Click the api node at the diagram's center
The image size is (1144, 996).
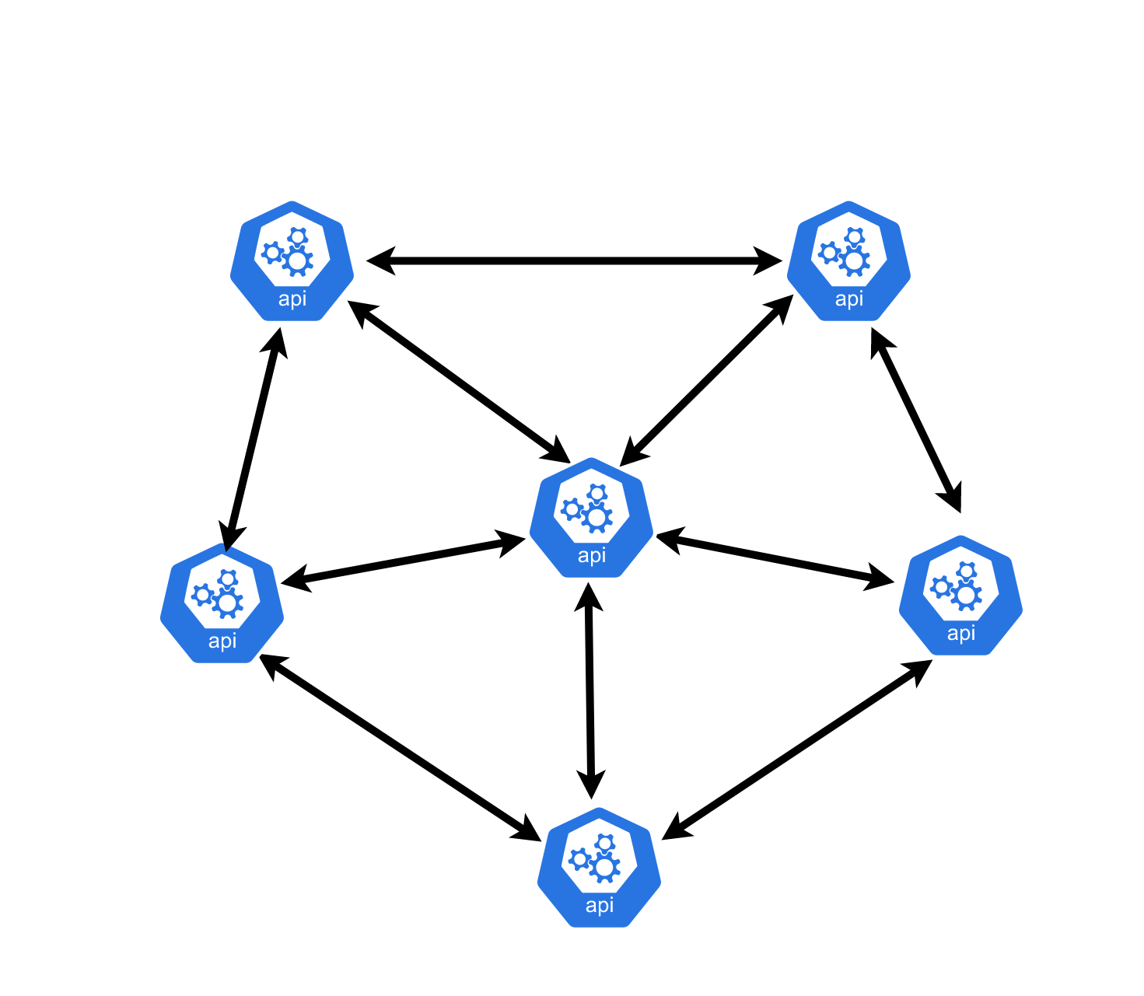tap(591, 517)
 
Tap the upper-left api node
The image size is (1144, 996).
tap(292, 260)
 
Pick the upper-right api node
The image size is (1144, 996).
tap(848, 260)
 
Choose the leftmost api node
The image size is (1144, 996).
tap(222, 603)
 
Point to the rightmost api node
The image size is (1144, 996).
tap(960, 595)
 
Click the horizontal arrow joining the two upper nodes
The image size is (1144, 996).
tap(574, 260)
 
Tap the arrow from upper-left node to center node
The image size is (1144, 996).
tap(459, 382)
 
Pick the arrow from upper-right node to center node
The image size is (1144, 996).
tap(706, 380)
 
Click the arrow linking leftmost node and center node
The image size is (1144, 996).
tap(403, 561)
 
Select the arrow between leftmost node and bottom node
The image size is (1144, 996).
tap(400, 747)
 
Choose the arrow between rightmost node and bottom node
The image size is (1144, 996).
tap(797, 750)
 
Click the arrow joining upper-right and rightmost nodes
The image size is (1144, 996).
tap(916, 420)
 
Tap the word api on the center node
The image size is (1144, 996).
tap(592, 556)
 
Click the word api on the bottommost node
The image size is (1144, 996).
tap(600, 905)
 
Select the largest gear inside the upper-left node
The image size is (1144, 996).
tap(297, 260)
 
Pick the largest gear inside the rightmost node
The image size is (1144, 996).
tap(966, 595)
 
